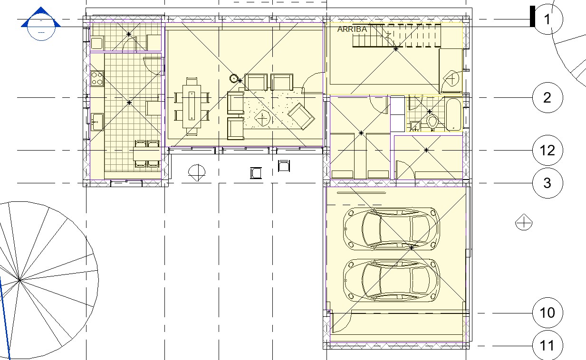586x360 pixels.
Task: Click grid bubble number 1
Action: (x=548, y=19)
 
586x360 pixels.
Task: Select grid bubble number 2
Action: (x=548, y=97)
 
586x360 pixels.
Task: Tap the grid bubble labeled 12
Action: (x=548, y=151)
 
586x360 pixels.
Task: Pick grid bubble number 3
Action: (x=548, y=183)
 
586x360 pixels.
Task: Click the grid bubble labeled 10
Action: (x=548, y=313)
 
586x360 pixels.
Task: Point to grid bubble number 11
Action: (x=548, y=345)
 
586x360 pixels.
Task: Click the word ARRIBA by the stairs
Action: (x=352, y=29)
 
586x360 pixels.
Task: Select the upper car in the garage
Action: (x=391, y=229)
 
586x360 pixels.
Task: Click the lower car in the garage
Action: (x=391, y=280)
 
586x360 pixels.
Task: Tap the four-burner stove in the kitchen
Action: (x=97, y=78)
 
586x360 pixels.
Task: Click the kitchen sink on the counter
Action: (x=97, y=122)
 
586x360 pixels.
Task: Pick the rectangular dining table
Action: (x=192, y=106)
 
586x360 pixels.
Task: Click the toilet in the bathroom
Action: (x=432, y=122)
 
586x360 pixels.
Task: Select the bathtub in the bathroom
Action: (x=453, y=114)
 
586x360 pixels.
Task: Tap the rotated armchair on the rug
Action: (x=301, y=116)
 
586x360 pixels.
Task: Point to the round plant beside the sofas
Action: (x=234, y=78)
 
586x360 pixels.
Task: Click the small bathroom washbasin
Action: (x=415, y=126)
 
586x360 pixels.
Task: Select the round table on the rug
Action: (x=262, y=118)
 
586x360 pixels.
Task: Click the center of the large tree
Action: (x=19, y=280)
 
